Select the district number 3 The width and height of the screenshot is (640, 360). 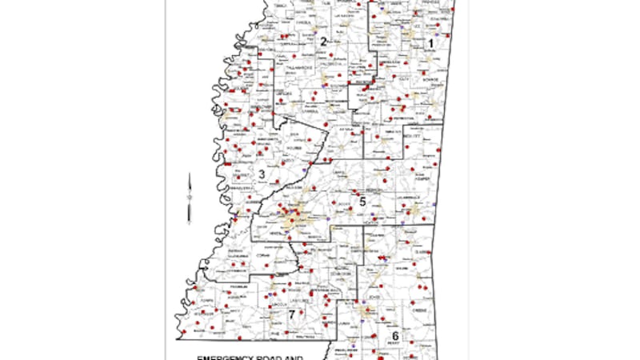click(x=262, y=174)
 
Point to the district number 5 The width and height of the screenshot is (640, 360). click(x=362, y=202)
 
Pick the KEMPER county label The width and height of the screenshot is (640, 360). click(x=422, y=158)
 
